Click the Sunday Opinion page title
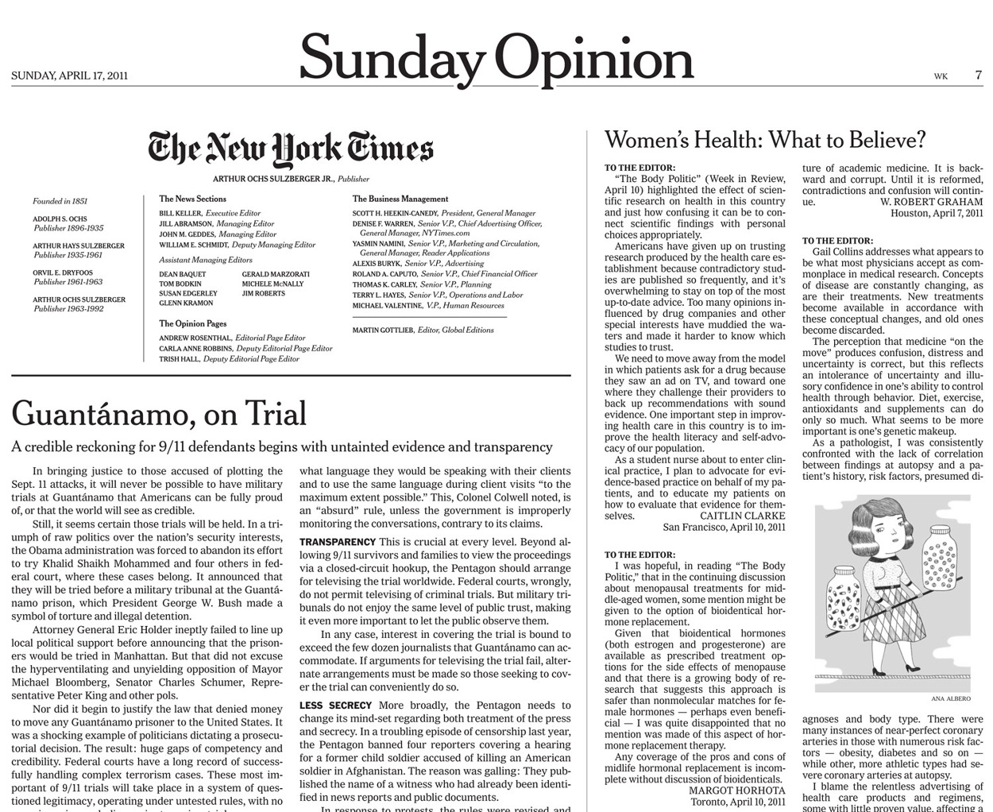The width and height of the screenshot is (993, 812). click(x=496, y=60)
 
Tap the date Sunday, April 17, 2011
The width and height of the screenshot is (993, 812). click(x=70, y=76)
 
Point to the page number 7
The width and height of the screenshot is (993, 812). click(x=978, y=75)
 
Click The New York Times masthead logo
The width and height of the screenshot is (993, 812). click(x=291, y=149)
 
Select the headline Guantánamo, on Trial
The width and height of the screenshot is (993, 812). click(x=159, y=414)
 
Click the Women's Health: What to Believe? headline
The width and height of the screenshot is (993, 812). click(x=765, y=141)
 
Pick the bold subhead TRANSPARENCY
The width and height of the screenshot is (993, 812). click(x=338, y=542)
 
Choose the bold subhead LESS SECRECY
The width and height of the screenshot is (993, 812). click(x=335, y=706)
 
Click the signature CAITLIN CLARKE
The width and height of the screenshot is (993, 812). click(x=742, y=516)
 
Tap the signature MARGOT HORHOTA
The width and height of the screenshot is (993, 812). click(x=736, y=791)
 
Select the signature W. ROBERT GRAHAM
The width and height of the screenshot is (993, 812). click(x=931, y=202)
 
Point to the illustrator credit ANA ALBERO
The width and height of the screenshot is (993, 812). click(x=950, y=699)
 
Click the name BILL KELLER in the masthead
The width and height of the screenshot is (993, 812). click(x=180, y=214)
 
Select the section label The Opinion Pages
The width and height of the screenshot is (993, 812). click(x=192, y=324)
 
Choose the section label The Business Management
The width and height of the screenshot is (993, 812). click(x=400, y=199)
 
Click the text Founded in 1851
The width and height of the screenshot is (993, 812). click(x=60, y=202)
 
